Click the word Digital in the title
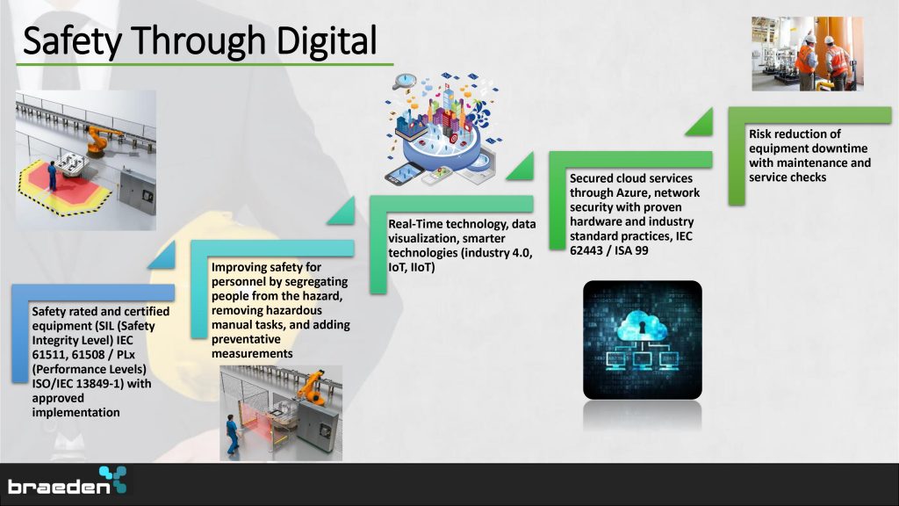[x=327, y=41]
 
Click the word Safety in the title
[x=72, y=41]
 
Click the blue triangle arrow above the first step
[x=163, y=257]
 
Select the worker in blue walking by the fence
[x=232, y=434]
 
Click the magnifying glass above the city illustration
[x=404, y=82]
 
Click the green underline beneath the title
[x=205, y=64]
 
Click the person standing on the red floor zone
[x=52, y=175]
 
